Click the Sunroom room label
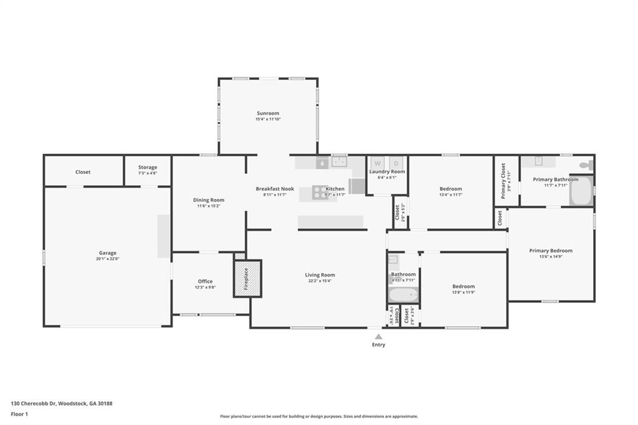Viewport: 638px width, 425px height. pyautogui.click(x=267, y=113)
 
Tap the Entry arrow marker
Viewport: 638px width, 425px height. pyautogui.click(x=378, y=337)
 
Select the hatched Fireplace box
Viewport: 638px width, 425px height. pyautogui.click(x=247, y=279)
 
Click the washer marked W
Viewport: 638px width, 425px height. pyautogui.click(x=378, y=163)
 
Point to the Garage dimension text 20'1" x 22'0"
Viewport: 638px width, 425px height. pyautogui.click(x=108, y=259)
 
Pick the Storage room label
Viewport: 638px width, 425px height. pyautogui.click(x=148, y=167)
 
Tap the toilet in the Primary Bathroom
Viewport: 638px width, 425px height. pyautogui.click(x=586, y=165)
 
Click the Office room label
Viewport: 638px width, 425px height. pyautogui.click(x=205, y=281)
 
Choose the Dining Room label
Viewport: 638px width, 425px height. pyautogui.click(x=208, y=200)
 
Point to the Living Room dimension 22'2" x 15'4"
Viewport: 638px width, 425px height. pyautogui.click(x=320, y=280)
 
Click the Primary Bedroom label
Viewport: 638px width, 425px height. pyautogui.click(x=551, y=251)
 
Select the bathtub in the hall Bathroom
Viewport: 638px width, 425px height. pyautogui.click(x=403, y=294)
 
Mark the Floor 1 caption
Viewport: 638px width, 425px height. pyautogui.click(x=19, y=414)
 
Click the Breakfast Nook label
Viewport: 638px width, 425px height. pyautogui.click(x=275, y=189)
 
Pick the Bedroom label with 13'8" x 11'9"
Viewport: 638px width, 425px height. pyautogui.click(x=464, y=286)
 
